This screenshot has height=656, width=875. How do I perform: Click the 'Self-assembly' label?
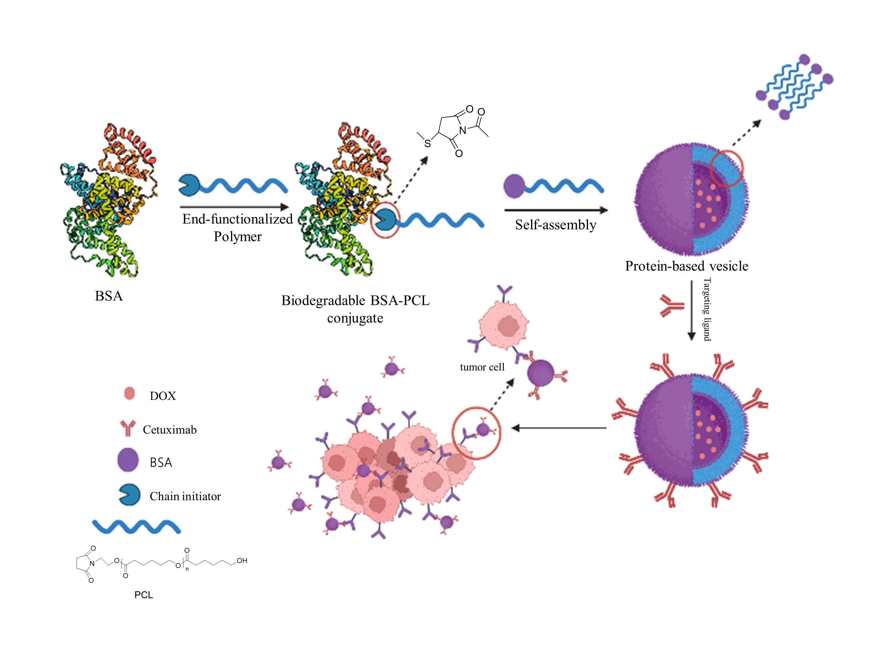(x=555, y=225)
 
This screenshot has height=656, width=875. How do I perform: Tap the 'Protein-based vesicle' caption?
(x=686, y=266)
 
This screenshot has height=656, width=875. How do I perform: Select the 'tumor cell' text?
(x=482, y=367)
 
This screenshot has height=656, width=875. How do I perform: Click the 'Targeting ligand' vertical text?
(x=707, y=309)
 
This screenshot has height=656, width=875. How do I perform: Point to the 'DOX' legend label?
(x=162, y=396)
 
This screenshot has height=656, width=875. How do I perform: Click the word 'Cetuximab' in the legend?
(x=170, y=430)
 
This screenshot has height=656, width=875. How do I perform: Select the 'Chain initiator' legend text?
(x=185, y=496)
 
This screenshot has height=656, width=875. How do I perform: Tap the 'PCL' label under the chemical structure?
(x=143, y=595)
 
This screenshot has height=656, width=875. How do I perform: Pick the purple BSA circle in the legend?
(x=128, y=460)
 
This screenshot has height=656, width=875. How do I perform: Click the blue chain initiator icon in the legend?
(x=129, y=495)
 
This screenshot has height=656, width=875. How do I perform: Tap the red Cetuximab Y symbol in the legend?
(x=128, y=428)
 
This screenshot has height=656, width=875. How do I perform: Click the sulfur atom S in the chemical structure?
(x=427, y=143)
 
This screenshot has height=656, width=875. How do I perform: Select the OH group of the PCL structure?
(x=242, y=561)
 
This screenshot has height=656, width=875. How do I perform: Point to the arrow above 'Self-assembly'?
(x=556, y=210)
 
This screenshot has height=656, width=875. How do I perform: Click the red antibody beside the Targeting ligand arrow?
(x=671, y=306)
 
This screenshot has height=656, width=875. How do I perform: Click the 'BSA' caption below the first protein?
(x=109, y=296)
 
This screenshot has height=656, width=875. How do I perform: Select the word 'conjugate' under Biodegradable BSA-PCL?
(x=355, y=318)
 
